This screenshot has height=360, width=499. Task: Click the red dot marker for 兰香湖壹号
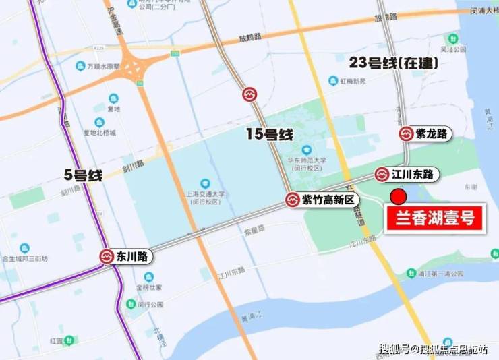click(398, 197)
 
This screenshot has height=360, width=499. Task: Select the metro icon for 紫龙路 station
click(407, 134)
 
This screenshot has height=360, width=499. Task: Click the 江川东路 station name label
click(415, 175)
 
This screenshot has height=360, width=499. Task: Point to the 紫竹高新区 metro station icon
click(292, 200)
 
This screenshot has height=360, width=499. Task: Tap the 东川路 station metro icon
click(107, 256)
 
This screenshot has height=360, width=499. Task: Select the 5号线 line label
click(82, 176)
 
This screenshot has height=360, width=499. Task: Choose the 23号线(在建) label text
click(394, 63)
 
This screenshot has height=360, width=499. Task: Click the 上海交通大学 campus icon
click(205, 183)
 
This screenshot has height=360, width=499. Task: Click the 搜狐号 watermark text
click(394, 349)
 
